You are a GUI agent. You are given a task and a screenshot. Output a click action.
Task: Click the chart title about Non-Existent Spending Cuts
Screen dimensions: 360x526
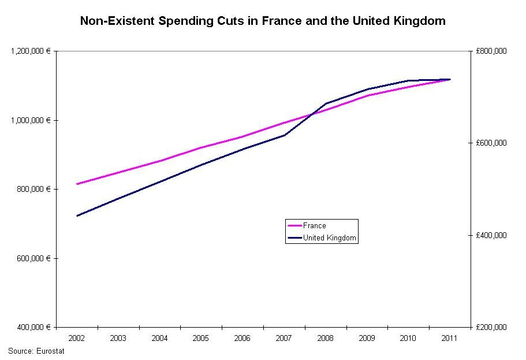(263, 21)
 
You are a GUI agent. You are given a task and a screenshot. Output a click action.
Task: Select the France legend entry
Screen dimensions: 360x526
(315, 226)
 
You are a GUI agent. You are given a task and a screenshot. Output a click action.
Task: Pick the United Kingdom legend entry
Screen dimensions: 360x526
(330, 238)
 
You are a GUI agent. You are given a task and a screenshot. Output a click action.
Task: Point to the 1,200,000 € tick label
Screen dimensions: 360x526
(31, 51)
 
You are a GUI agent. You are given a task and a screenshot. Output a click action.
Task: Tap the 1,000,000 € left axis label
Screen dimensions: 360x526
(31, 120)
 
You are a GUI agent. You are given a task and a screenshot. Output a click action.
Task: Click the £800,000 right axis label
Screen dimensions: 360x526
(491, 51)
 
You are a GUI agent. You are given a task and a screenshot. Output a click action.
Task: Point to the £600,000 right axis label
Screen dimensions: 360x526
(491, 143)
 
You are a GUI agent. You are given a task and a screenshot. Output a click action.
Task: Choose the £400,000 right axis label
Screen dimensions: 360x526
(491, 235)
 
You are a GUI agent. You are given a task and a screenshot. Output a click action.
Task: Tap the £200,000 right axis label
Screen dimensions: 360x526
(491, 327)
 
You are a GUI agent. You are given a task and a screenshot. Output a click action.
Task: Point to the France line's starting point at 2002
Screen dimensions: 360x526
(77, 184)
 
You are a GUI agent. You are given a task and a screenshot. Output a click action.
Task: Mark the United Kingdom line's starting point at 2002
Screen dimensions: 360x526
(77, 216)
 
